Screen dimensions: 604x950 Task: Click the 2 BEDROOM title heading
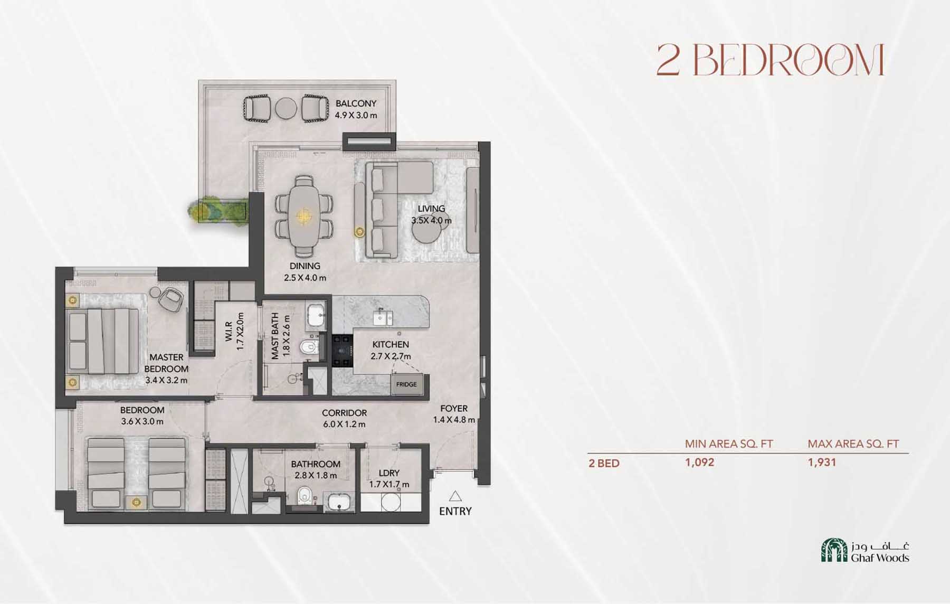pos(770,60)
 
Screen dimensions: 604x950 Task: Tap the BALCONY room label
pos(356,103)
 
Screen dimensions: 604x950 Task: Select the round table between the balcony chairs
pos(286,108)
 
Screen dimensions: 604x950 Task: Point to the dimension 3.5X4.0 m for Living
pos(431,220)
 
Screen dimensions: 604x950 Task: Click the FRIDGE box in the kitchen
pos(406,384)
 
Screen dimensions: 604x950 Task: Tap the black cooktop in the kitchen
pos(342,350)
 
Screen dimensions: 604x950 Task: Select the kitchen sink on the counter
pos(383,317)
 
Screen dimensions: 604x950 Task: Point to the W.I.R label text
pos(229,332)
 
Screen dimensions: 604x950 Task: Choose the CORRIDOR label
pos(344,413)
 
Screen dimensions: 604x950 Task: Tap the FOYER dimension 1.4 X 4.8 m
pos(454,420)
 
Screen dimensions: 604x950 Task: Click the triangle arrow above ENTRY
pos(455,496)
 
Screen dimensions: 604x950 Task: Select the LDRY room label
pos(389,473)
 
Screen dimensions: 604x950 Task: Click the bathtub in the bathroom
pos(338,502)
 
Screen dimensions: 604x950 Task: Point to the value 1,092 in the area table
pos(699,463)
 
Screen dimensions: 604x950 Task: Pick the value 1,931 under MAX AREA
pos(822,463)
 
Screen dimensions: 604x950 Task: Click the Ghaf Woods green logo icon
pos(833,551)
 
